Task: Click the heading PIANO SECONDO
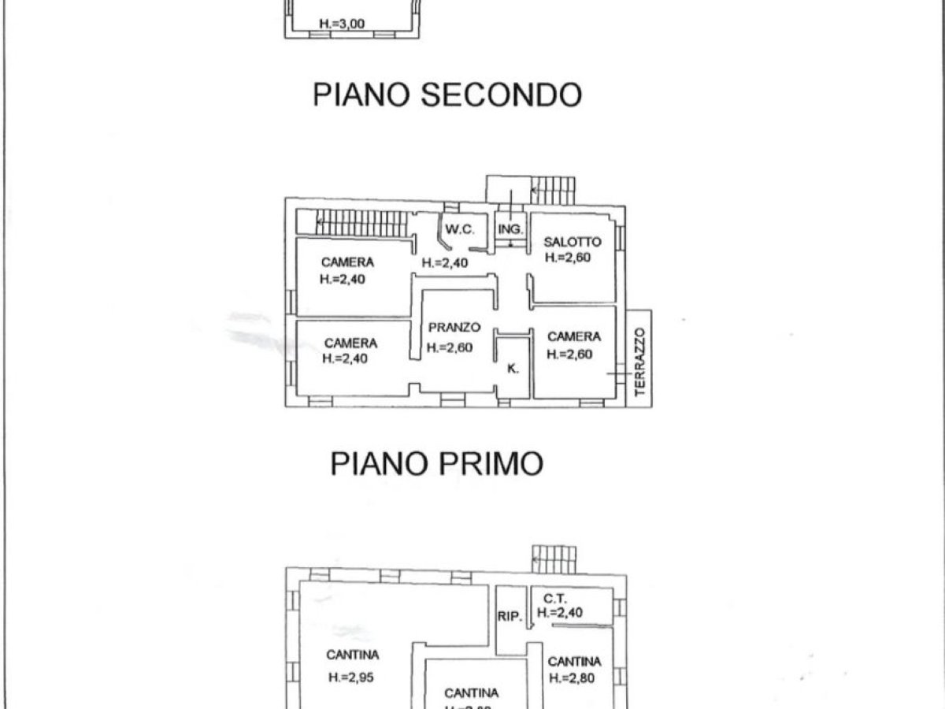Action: pyautogui.click(x=447, y=95)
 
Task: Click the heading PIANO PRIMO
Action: pyautogui.click(x=436, y=463)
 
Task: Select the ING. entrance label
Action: pyautogui.click(x=511, y=229)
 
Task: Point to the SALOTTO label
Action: pyautogui.click(x=572, y=242)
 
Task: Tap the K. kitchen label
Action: pyautogui.click(x=513, y=368)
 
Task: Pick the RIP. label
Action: pyautogui.click(x=510, y=617)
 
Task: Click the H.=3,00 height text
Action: pyautogui.click(x=343, y=24)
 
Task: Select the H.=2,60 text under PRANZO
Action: pyautogui.click(x=450, y=347)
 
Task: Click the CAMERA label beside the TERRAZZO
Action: pyautogui.click(x=574, y=336)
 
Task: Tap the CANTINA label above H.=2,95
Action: pyautogui.click(x=353, y=655)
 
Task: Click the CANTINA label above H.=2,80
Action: pyautogui.click(x=574, y=662)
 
